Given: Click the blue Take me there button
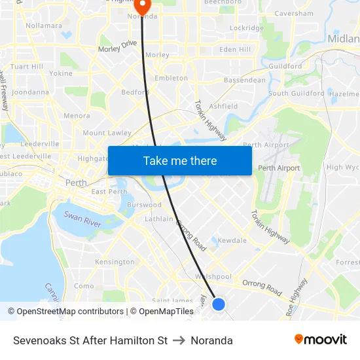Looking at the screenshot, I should pos(180,160).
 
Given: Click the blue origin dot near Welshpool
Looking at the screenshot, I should pos(219,304).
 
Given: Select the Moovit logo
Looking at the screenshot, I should pos(321,340).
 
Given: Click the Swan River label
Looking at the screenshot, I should pos(82,217).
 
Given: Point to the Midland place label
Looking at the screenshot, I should pos(344,38).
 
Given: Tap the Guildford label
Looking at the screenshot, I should pos(285,66).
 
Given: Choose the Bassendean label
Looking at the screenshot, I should pos(245,81).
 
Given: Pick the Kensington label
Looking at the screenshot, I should pos(115,262).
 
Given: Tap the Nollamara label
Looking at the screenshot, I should pos(44,26).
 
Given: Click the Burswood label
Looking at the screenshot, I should pos(144,205).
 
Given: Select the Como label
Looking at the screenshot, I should pos(84,285).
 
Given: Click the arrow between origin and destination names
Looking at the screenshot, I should pos(179,340).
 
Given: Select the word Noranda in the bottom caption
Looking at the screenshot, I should pos(211,340).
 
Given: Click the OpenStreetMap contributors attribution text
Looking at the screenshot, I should pos(69,312).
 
